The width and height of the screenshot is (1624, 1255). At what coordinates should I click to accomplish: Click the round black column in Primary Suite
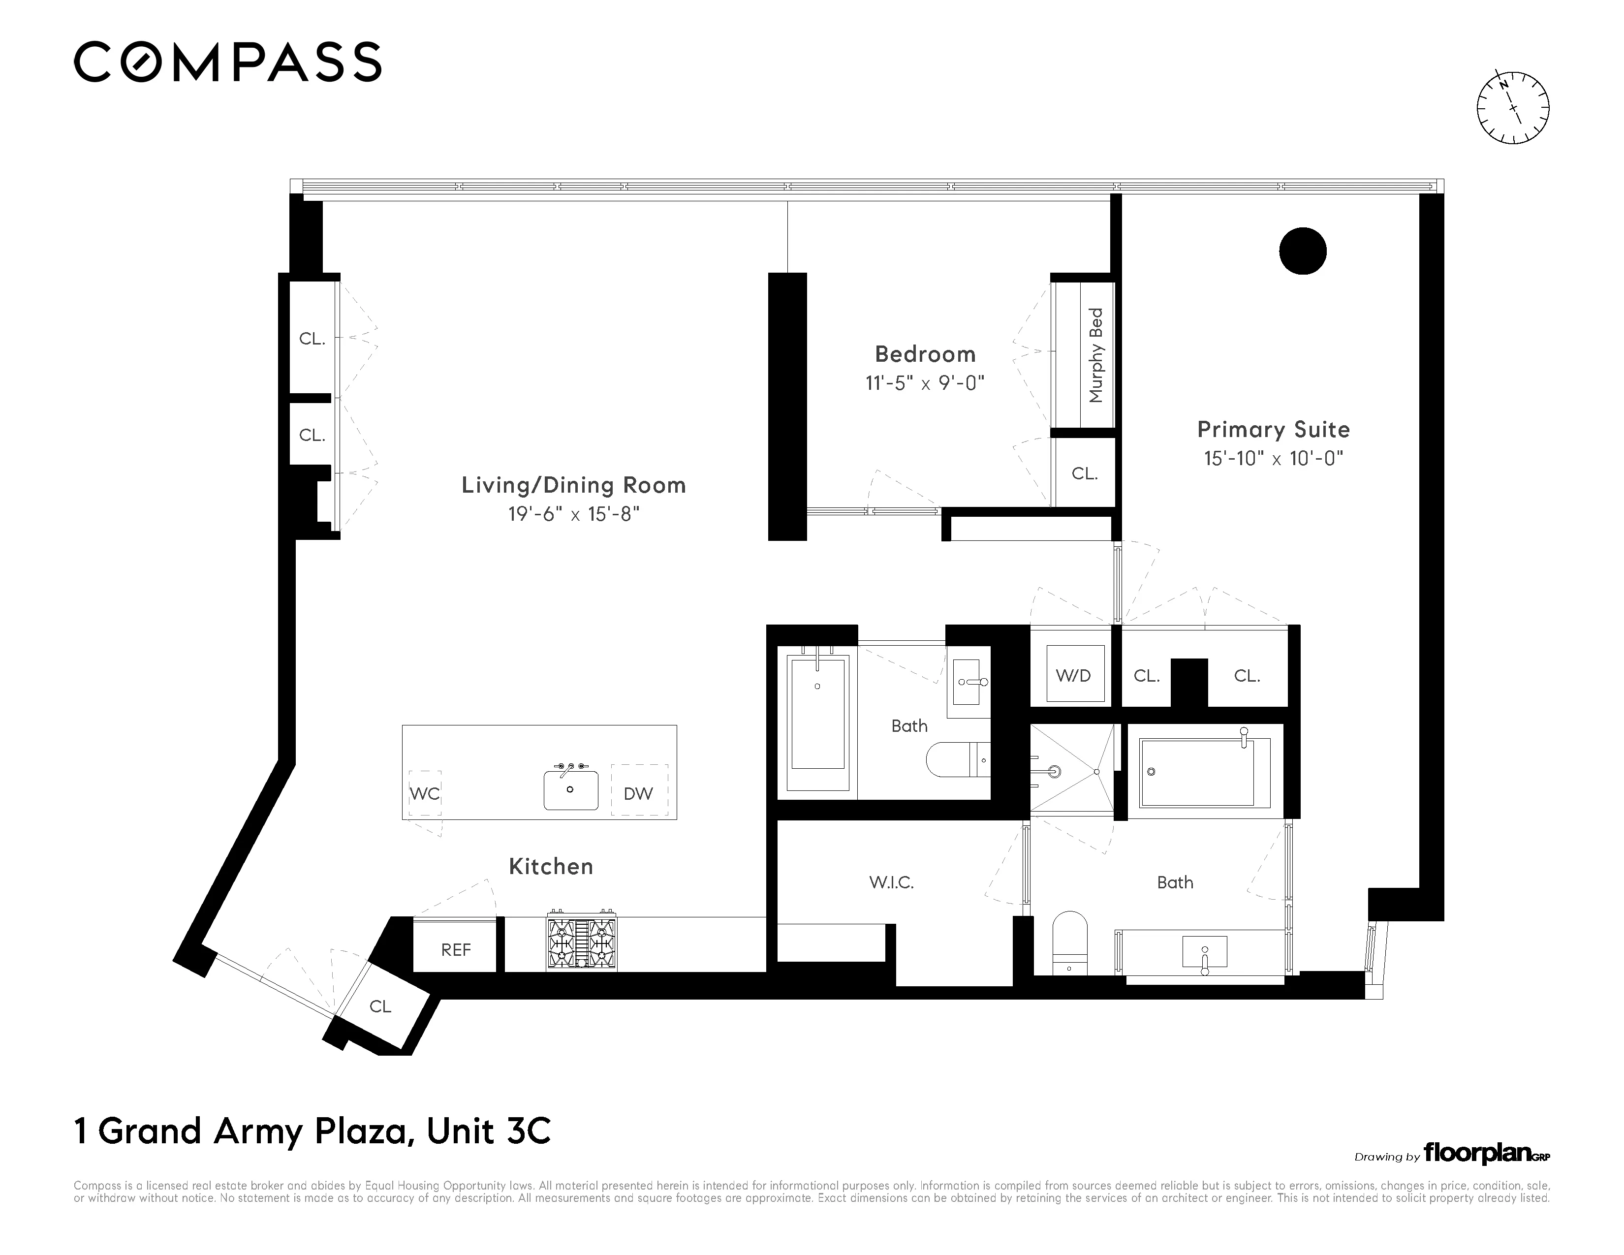point(1303,251)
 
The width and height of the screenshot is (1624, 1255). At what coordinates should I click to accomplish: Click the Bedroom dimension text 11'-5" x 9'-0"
point(924,384)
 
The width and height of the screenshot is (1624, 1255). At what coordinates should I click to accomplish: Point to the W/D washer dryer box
point(1074,675)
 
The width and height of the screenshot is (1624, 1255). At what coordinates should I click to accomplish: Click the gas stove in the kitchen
point(582,941)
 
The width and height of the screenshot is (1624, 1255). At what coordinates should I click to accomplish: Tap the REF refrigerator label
point(455,949)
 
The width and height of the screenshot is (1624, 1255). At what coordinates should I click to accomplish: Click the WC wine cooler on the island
point(425,793)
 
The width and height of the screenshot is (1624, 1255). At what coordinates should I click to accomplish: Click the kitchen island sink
point(570,789)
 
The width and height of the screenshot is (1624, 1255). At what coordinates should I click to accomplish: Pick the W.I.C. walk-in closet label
point(891,882)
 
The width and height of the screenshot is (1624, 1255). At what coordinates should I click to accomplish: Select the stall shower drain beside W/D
point(1097,772)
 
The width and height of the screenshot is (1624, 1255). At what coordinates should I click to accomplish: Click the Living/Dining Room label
point(573,485)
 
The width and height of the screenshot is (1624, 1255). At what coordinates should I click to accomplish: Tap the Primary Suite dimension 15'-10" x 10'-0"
point(1273,459)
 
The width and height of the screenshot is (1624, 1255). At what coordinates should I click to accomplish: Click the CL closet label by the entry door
point(380,1006)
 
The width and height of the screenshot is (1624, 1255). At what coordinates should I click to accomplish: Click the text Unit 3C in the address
point(489,1131)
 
